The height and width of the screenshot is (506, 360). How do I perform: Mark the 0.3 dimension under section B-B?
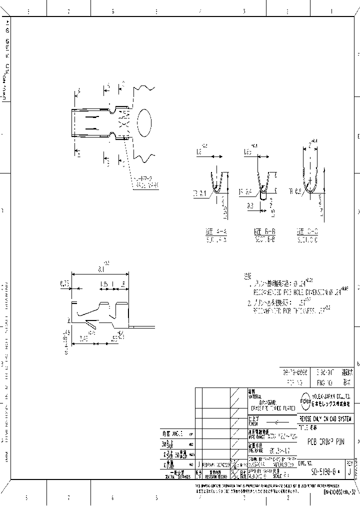[x=249, y=204]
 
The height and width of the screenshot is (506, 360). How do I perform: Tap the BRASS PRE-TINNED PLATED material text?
[x=269, y=408]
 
